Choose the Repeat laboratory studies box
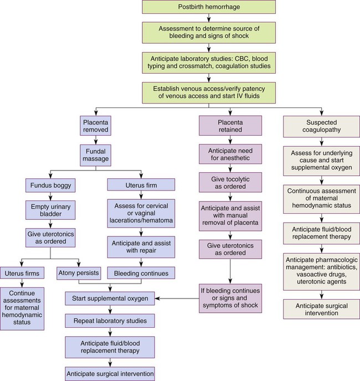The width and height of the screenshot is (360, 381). (109, 320)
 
